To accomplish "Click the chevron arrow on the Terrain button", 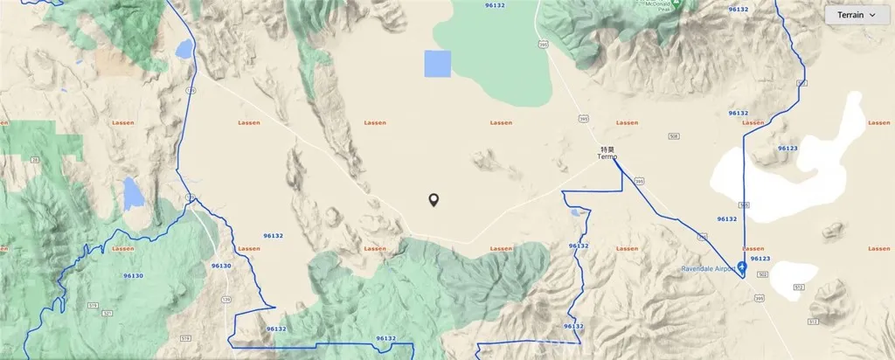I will click(873, 16).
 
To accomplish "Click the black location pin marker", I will click(434, 200).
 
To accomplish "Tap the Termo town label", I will click(607, 157).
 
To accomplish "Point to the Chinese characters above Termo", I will click(607, 149).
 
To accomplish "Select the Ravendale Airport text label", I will click(709, 269).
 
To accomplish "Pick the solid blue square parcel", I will click(438, 65).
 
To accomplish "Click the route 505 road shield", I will click(744, 205).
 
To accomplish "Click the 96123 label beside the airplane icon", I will click(760, 259).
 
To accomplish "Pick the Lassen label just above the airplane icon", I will click(753, 248).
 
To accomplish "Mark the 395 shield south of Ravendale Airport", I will click(759, 299).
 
